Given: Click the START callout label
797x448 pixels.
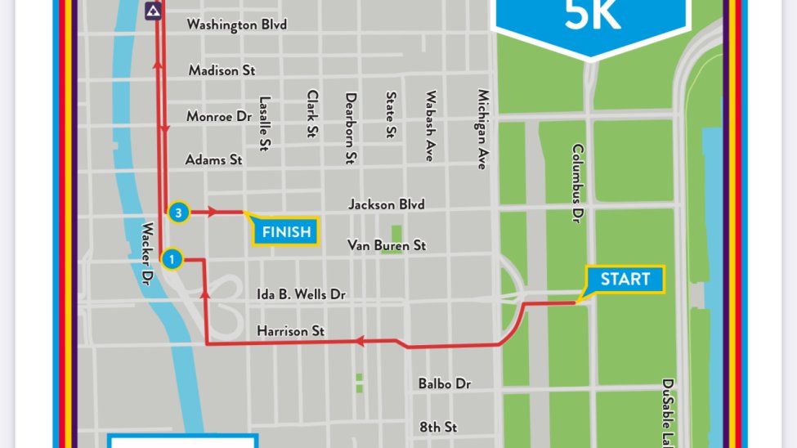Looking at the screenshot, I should click(625, 280).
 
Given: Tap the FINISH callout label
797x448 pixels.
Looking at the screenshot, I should click(286, 232).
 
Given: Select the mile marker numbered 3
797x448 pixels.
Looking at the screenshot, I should click(179, 213).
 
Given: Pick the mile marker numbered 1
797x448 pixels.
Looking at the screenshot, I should click(172, 260).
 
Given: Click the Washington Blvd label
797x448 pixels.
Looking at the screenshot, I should click(236, 25).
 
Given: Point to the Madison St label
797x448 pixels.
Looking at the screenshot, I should click(222, 70).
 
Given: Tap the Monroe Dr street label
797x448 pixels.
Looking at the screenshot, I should click(218, 116).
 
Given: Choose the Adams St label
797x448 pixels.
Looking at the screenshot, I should click(213, 159).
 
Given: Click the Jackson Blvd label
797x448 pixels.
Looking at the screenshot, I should click(386, 204).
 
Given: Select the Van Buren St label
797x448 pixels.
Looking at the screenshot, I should click(386, 244).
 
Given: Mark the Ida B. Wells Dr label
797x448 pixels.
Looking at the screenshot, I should click(301, 293).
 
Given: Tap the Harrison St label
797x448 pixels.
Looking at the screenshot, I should click(290, 331).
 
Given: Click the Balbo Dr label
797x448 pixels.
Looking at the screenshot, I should click(444, 383).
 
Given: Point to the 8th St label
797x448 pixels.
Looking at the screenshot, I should click(439, 427).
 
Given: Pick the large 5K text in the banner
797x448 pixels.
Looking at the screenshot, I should click(593, 16).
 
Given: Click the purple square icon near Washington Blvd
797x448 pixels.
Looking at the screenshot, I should click(153, 11).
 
